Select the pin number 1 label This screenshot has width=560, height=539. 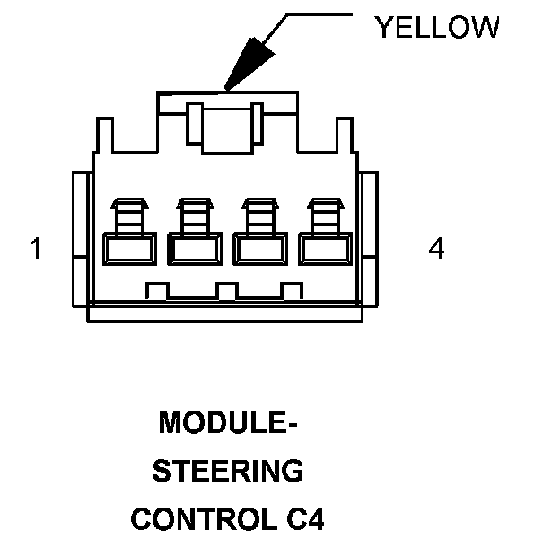pos(35,249)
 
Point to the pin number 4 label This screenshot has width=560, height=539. pos(436,249)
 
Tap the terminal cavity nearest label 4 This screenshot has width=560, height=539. pos(324,248)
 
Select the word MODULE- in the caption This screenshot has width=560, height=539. pos(227,422)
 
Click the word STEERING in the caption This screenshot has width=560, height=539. pos(228,471)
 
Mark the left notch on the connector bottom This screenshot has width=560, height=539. pos(158,290)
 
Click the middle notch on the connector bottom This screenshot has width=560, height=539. pos(227,290)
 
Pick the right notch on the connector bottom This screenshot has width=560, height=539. pos(292,290)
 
